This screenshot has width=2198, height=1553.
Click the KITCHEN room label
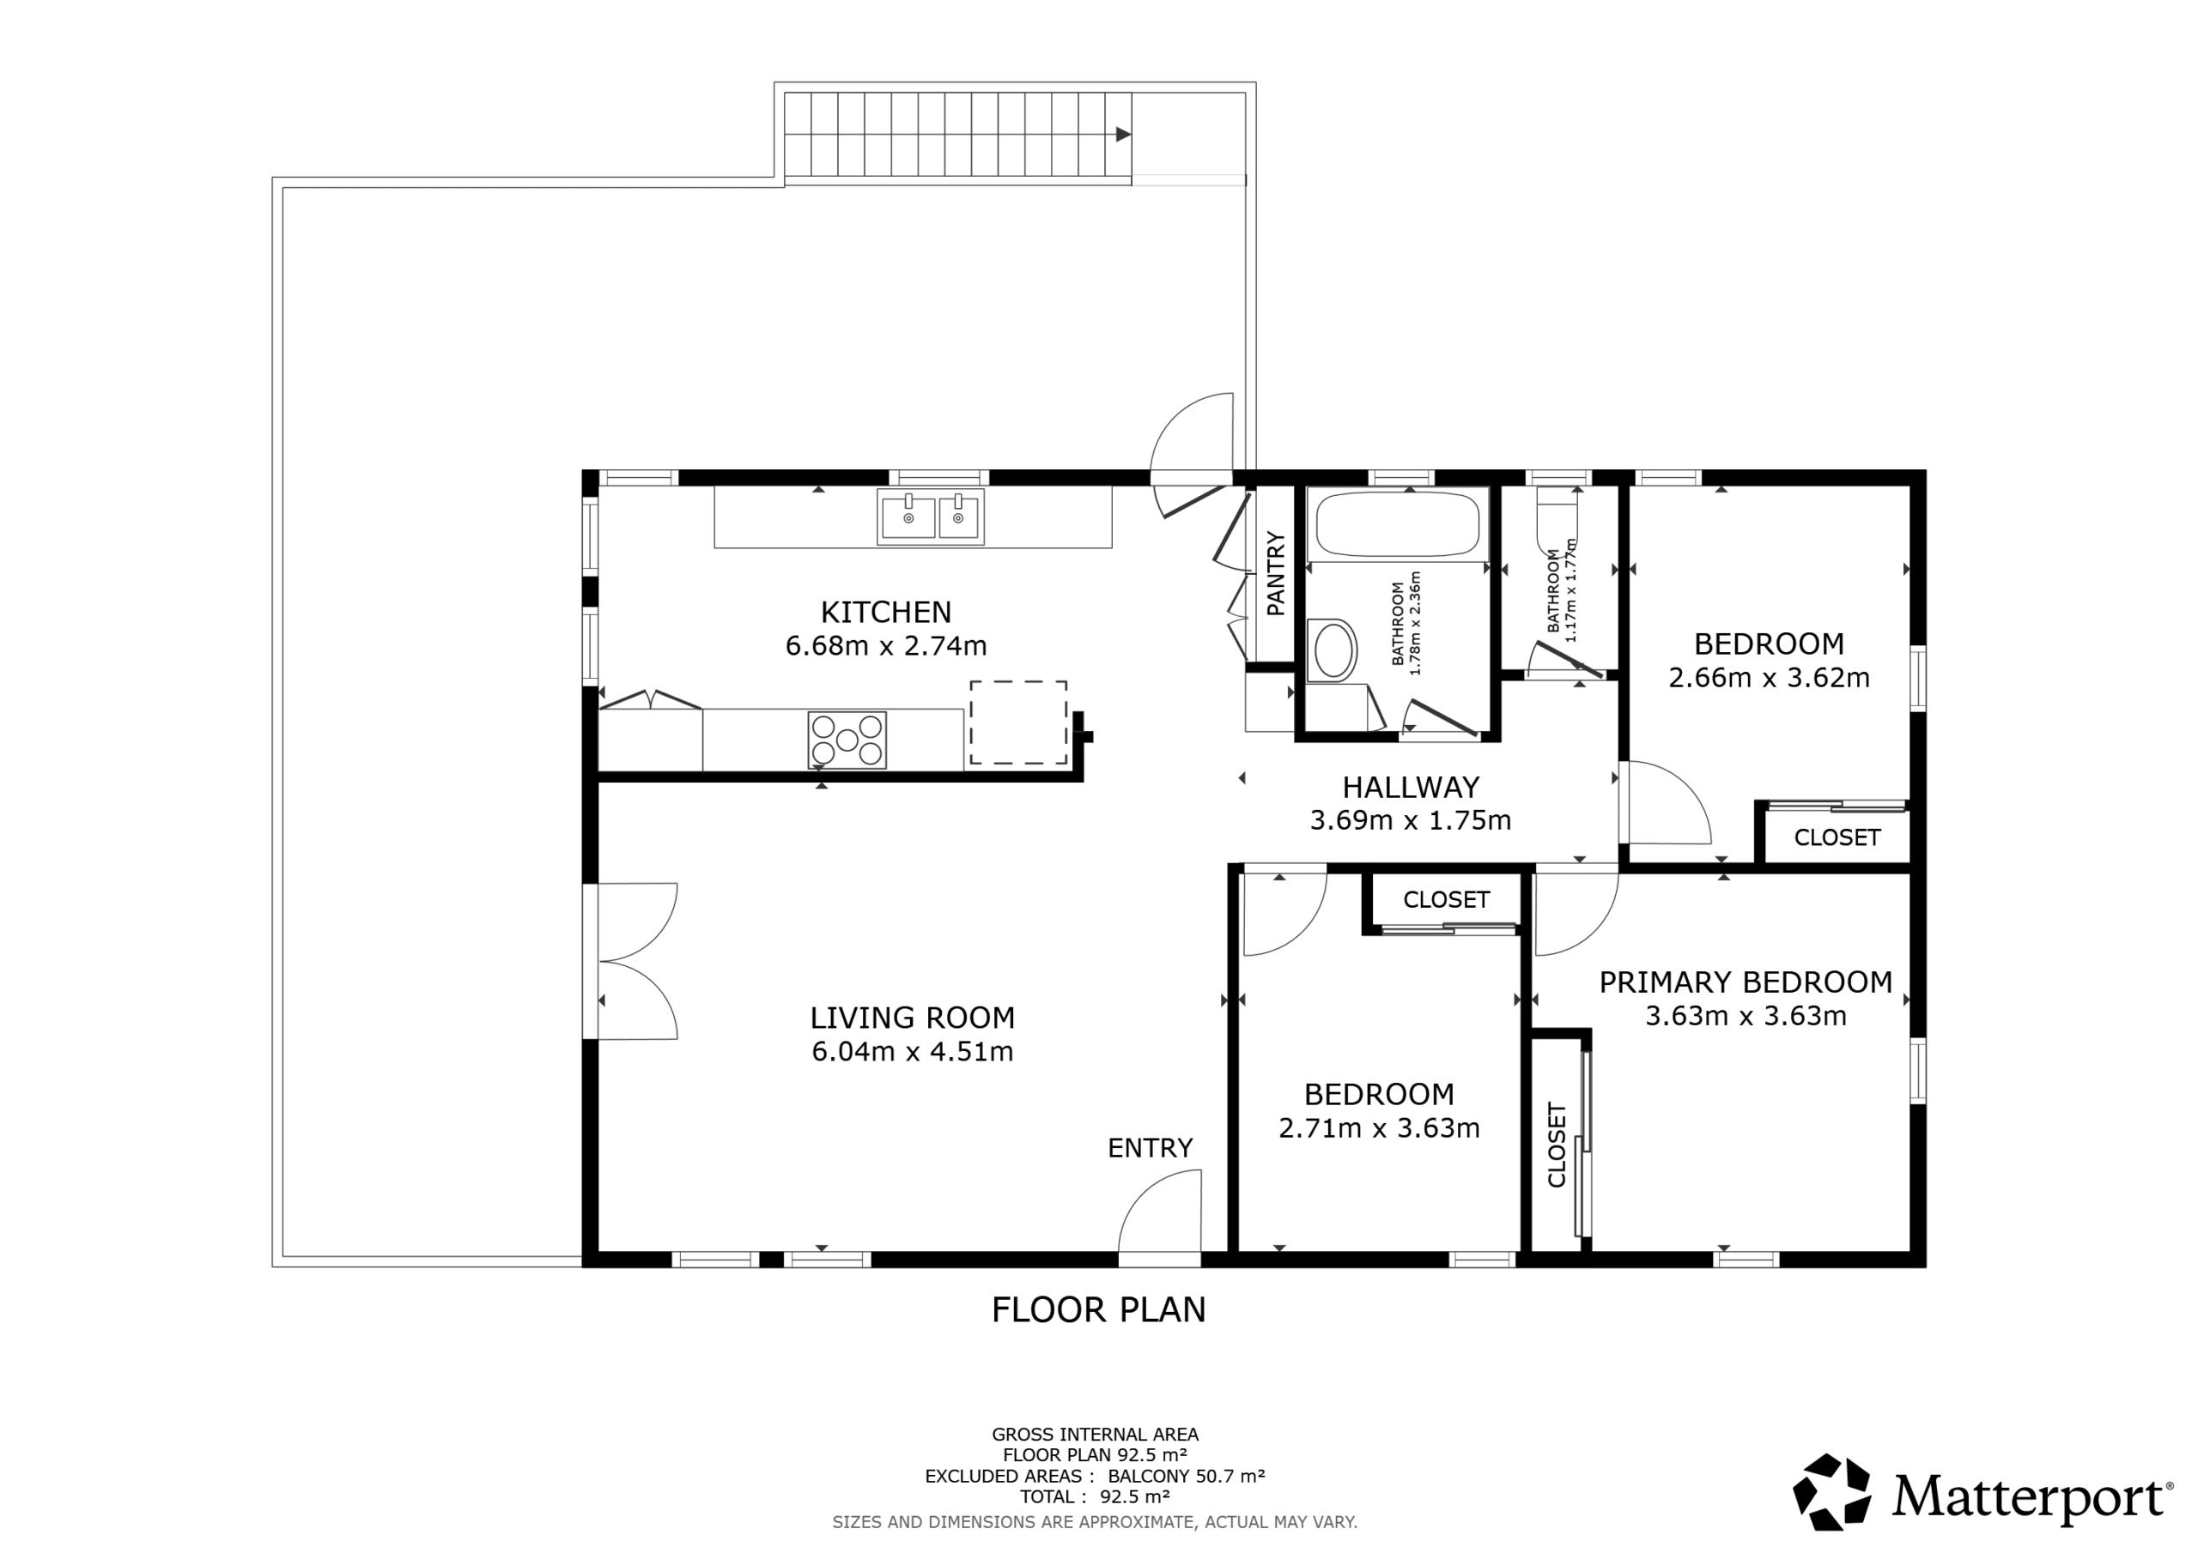[x=885, y=612]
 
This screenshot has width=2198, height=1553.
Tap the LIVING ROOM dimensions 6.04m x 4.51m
[x=913, y=1052]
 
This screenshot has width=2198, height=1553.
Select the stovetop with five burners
[x=847, y=740]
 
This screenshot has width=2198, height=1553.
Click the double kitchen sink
[x=931, y=517]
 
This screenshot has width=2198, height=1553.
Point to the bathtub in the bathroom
[x=1398, y=523]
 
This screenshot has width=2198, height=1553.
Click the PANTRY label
[x=1275, y=573]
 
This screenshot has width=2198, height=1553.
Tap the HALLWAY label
[x=1411, y=788]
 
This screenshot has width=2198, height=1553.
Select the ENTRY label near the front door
[x=1150, y=1148]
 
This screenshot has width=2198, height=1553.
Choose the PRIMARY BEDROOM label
[x=1746, y=982]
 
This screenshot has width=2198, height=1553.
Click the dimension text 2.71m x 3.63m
[x=1380, y=1128]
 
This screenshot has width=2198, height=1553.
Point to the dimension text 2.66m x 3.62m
[x=1769, y=678]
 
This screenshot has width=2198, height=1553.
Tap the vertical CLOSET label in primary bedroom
[x=1557, y=1145]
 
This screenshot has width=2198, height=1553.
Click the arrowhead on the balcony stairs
[x=1124, y=134]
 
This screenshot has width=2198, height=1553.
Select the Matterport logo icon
[x=1832, y=1492]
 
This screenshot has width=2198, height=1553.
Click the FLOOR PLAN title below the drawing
[x=1099, y=1310]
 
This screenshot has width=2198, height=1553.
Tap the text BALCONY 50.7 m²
[x=1187, y=1477]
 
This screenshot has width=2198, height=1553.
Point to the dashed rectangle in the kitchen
[x=1018, y=722]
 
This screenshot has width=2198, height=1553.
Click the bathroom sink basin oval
[x=1334, y=650]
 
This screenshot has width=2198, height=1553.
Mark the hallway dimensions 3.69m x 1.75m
[x=1411, y=821]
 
